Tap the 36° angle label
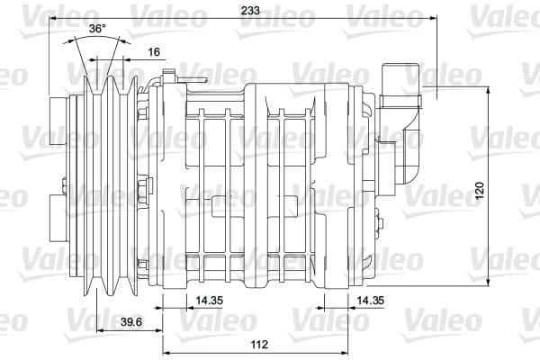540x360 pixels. point(97,29)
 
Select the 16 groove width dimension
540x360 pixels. point(153,52)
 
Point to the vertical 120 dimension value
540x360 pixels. point(480,190)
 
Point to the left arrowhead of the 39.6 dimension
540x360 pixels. point(98,329)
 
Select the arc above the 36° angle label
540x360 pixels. point(96,40)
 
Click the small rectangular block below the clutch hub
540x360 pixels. point(54,221)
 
